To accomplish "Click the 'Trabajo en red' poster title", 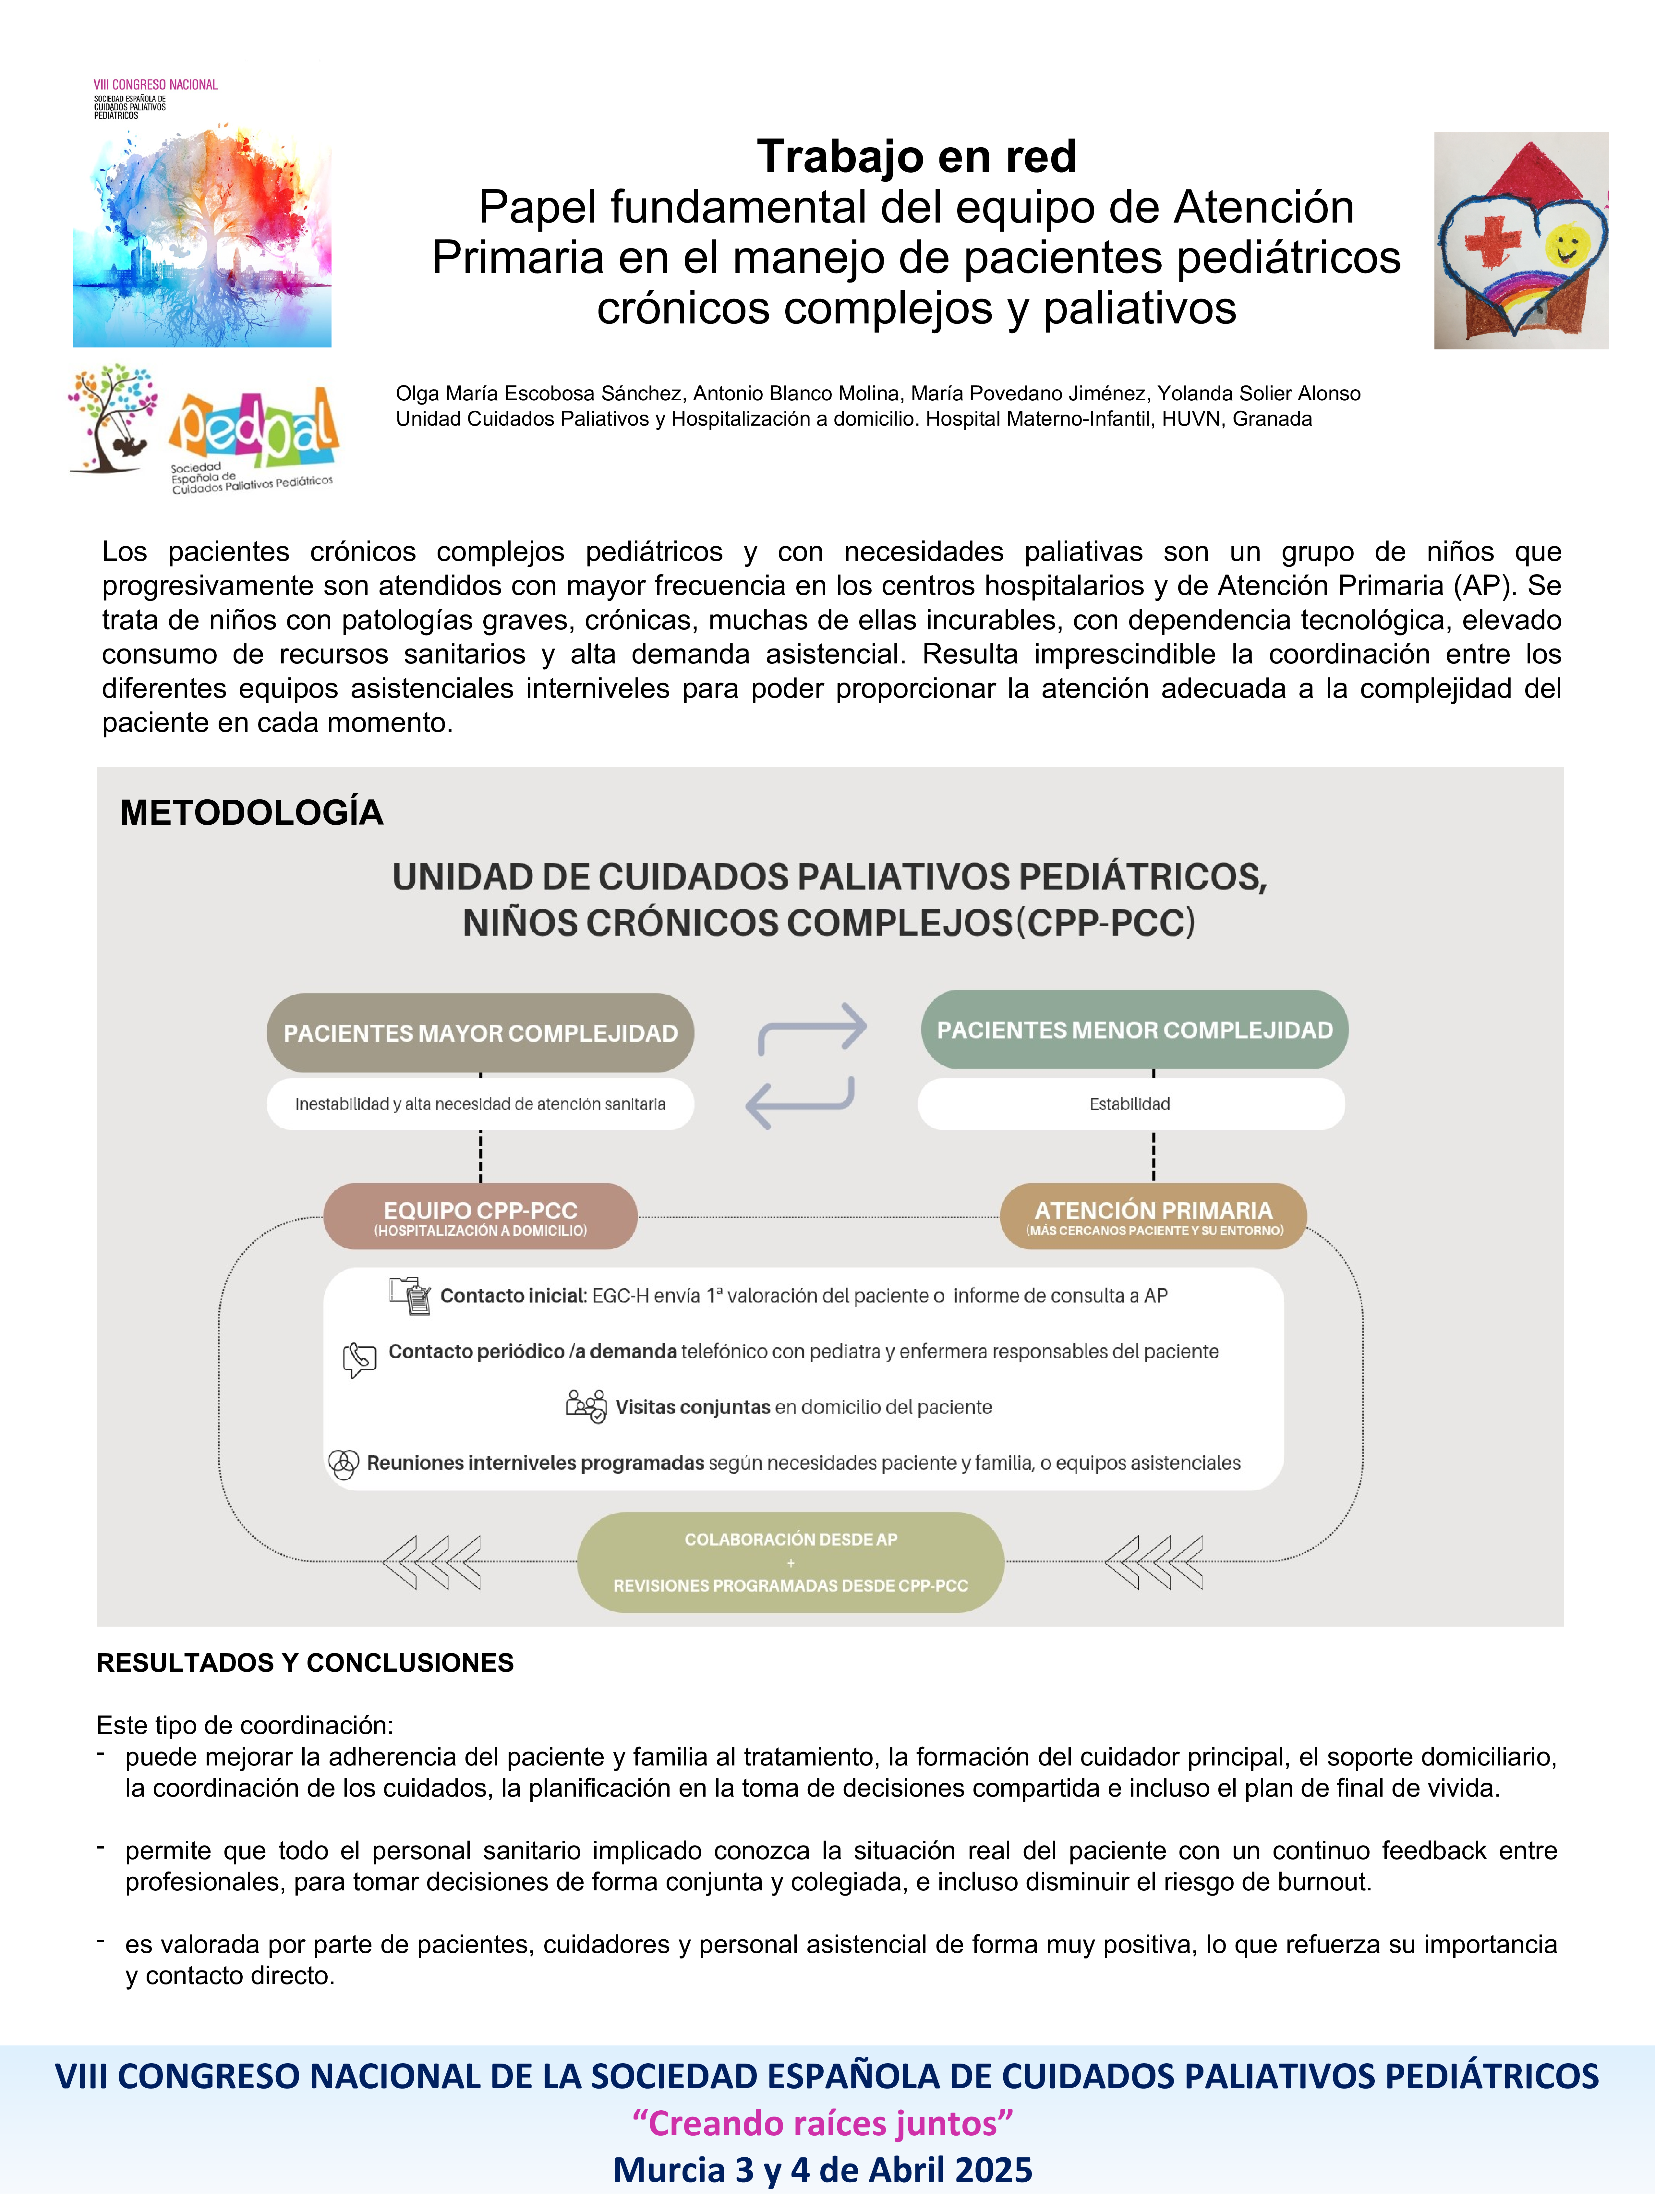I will point(916,157).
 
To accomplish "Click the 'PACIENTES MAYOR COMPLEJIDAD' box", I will point(480,1033).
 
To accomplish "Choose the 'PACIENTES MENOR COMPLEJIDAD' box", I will point(1134,1030).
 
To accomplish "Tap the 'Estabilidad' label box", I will point(1130,1104).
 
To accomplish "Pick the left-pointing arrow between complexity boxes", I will point(799,1101).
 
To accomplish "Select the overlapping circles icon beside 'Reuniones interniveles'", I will point(343,1464).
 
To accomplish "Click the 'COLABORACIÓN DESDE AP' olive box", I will point(790,1561).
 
